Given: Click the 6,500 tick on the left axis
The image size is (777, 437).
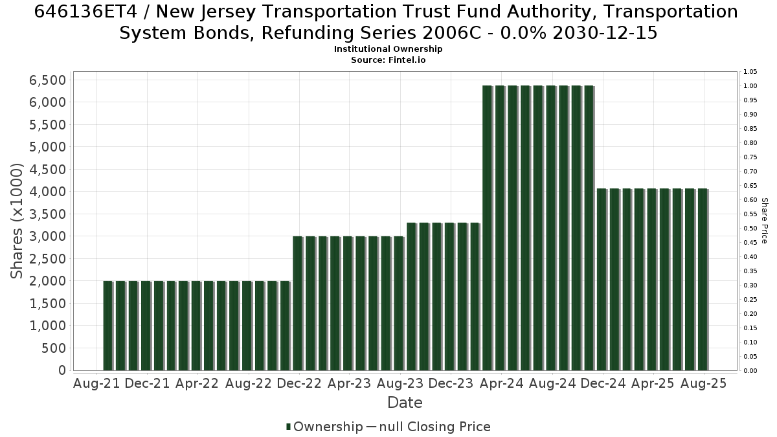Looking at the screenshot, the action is (x=47, y=80).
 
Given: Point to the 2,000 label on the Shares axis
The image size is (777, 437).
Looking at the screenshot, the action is (x=47, y=281).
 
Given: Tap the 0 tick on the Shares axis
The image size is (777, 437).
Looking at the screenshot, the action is (x=62, y=370).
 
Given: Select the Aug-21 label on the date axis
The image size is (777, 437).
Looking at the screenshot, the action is (x=96, y=383).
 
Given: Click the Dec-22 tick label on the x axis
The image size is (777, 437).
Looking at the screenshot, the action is (x=299, y=383).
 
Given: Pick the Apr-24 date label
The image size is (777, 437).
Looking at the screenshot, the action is (x=502, y=383).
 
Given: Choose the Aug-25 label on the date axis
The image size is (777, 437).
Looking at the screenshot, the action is (x=703, y=383).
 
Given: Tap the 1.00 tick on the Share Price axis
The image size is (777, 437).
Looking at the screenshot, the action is (x=750, y=86).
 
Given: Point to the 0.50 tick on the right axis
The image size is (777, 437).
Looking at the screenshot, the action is (x=750, y=228).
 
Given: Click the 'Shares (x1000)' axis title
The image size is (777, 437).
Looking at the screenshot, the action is (x=16, y=221).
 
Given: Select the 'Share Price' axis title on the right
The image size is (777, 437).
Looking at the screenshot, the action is (x=764, y=221).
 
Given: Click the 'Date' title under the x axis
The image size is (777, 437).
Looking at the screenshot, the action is (x=405, y=403).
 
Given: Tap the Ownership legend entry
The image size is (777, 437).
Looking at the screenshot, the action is (x=324, y=427).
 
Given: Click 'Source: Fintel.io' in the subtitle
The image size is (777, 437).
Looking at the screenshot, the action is (x=388, y=60).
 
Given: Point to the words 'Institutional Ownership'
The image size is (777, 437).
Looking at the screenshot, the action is (x=388, y=49).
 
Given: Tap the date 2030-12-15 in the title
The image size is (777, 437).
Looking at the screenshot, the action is (x=605, y=33).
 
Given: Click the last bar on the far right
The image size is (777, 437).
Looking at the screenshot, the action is (x=703, y=280).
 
